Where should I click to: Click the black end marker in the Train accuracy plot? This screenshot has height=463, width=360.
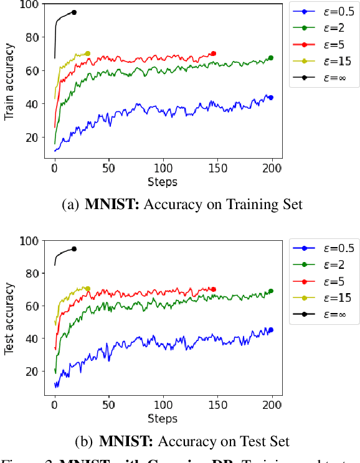pos(74,12)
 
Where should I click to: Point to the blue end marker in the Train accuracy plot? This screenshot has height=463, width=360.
pos(270,98)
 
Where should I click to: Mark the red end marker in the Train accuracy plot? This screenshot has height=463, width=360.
pos(214,54)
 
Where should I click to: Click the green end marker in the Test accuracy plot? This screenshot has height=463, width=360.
pos(270,291)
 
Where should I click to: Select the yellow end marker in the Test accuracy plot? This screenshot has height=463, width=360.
pos(88,289)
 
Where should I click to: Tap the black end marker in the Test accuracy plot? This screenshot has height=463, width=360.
pos(74,249)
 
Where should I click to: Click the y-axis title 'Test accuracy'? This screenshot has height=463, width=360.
pos(9,319)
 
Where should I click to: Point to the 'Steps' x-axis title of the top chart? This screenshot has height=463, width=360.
pos(163,182)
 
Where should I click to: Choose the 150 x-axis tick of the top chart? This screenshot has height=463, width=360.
pos(217,169)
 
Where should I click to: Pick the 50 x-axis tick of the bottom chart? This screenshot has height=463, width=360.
pos(108,405)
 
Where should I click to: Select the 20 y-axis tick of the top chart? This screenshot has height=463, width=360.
pos(31,138)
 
